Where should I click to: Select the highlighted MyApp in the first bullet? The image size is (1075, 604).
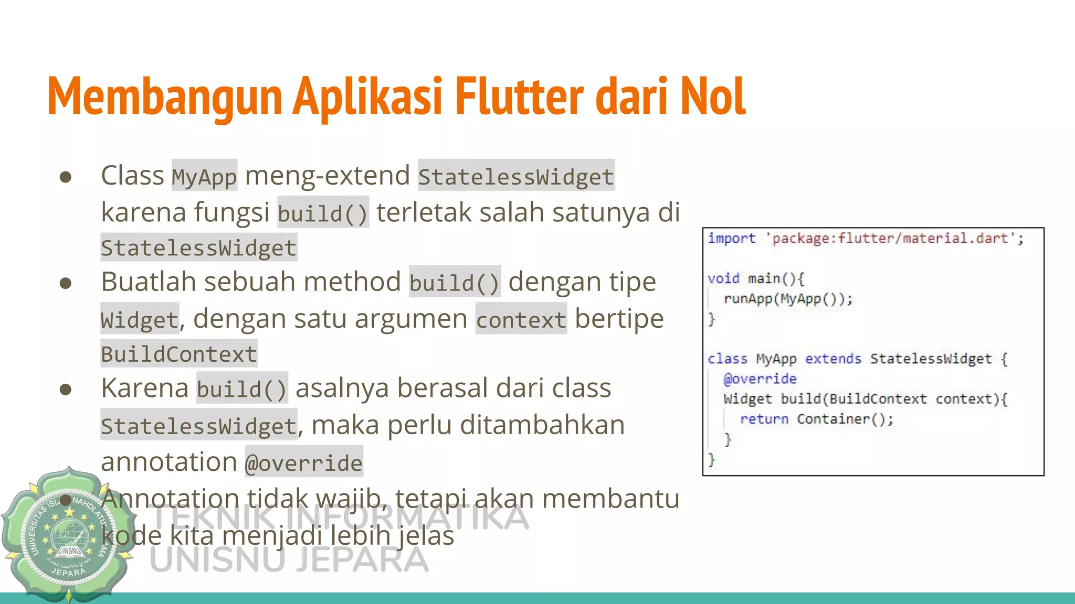[204, 176]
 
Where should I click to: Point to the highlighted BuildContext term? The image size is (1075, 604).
[179, 354]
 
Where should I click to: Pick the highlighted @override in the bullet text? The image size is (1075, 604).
[304, 462]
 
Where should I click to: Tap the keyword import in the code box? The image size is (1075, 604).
[731, 239]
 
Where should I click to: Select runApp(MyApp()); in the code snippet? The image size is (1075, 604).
[788, 299]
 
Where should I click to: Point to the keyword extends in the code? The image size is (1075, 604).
[833, 359]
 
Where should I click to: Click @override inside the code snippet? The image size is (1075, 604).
[760, 379]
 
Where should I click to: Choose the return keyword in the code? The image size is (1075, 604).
[764, 419]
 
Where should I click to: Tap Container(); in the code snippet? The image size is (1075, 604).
[845, 419]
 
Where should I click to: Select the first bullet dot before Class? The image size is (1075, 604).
[66, 177]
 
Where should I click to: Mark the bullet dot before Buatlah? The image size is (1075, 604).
[66, 283]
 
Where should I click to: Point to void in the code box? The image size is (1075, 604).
[723, 278]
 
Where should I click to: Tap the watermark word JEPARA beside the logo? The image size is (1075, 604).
[362, 559]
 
